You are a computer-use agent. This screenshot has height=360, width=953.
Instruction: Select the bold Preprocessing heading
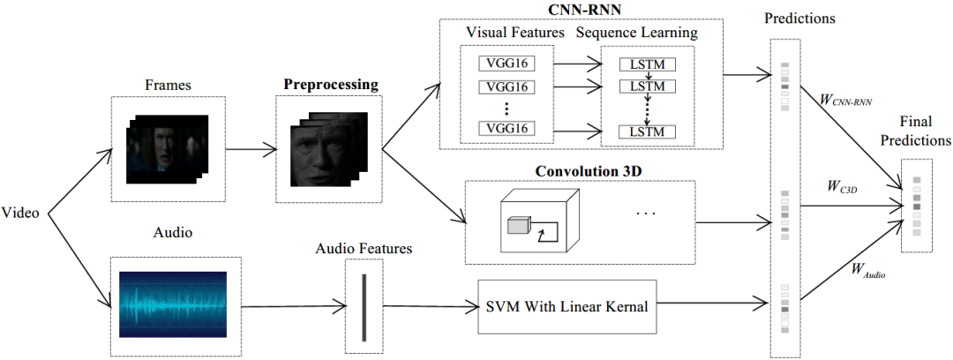coord(330,85)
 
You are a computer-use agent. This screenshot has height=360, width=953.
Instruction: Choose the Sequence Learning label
coord(637,33)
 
